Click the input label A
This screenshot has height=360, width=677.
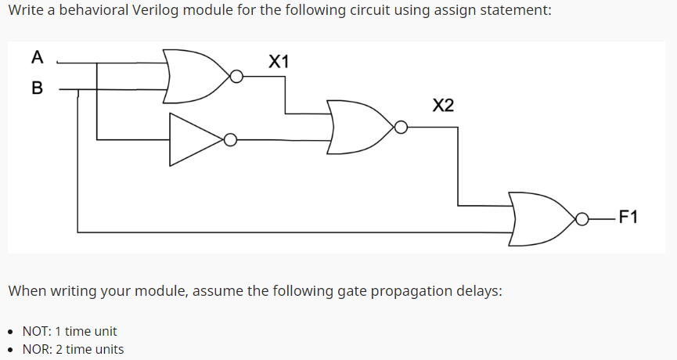point(37,57)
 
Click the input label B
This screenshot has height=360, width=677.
point(37,88)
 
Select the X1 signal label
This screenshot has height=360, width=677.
point(278,60)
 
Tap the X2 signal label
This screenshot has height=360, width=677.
point(442,106)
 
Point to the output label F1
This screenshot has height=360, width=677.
point(628,217)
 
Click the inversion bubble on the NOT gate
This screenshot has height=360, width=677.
point(230,140)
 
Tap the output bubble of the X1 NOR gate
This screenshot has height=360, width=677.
point(236,77)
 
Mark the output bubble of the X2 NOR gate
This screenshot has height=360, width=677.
point(400,127)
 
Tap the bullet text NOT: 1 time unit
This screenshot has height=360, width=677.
point(70,331)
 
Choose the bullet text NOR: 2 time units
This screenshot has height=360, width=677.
point(73,349)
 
